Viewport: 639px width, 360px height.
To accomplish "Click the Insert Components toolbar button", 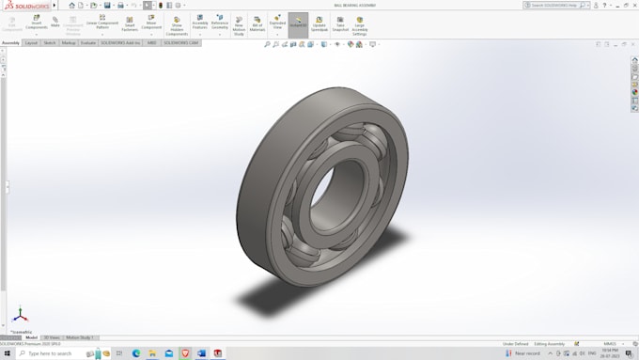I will click(x=37, y=23).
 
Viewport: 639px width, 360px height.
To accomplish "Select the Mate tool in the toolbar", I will click(x=55, y=21).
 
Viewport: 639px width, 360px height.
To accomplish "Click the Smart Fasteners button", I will click(x=130, y=23).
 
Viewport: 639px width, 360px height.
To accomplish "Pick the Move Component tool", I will click(x=151, y=23).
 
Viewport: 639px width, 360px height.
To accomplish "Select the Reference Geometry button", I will click(x=220, y=22).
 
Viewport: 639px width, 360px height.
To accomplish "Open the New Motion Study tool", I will click(x=239, y=23).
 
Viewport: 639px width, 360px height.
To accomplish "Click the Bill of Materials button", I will click(x=257, y=23).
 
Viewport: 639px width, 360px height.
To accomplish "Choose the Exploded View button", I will click(x=277, y=22).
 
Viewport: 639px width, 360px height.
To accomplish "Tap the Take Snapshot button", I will click(x=340, y=23).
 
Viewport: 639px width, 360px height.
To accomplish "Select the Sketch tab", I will click(x=50, y=42).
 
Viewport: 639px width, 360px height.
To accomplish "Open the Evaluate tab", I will click(x=87, y=42).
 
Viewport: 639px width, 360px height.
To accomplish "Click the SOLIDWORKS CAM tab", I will click(x=180, y=42).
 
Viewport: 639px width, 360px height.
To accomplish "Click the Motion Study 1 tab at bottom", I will click(x=81, y=337).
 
